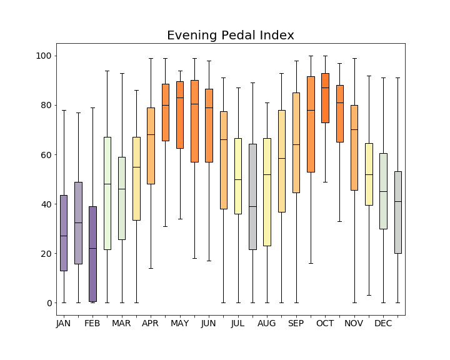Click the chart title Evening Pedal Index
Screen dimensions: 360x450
(230, 36)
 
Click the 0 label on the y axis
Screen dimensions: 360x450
(48, 303)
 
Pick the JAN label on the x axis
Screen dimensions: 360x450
(64, 324)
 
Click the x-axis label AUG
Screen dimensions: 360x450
(267, 324)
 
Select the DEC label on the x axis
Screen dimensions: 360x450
(383, 324)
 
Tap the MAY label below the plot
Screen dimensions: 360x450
(180, 324)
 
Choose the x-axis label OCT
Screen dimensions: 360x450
(325, 324)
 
